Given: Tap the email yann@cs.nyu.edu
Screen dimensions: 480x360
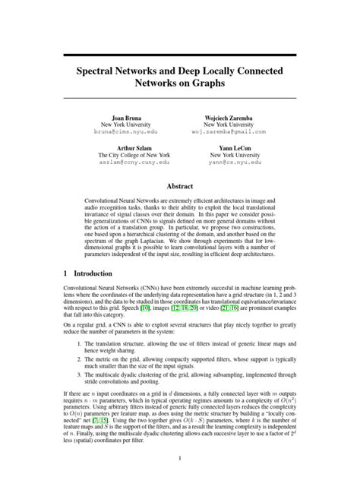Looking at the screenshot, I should point(226,163).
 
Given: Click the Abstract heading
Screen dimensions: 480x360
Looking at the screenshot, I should point(180,185).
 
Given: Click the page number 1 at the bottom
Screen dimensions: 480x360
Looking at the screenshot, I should point(180,457).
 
